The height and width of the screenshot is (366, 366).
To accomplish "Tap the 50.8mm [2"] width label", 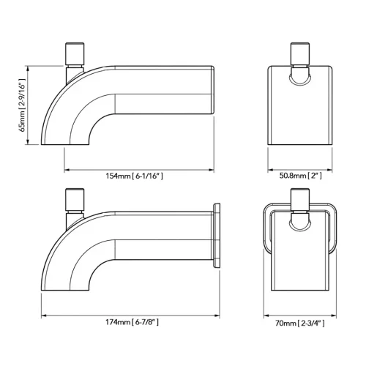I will click(300, 176).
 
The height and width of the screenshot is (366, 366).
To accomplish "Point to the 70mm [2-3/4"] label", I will click(300, 321).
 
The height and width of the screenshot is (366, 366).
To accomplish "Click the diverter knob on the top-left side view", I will click(74, 53).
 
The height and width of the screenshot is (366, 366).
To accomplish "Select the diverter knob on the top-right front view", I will click(300, 53).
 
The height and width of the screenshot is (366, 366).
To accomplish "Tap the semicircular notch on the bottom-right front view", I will click(300, 226).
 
